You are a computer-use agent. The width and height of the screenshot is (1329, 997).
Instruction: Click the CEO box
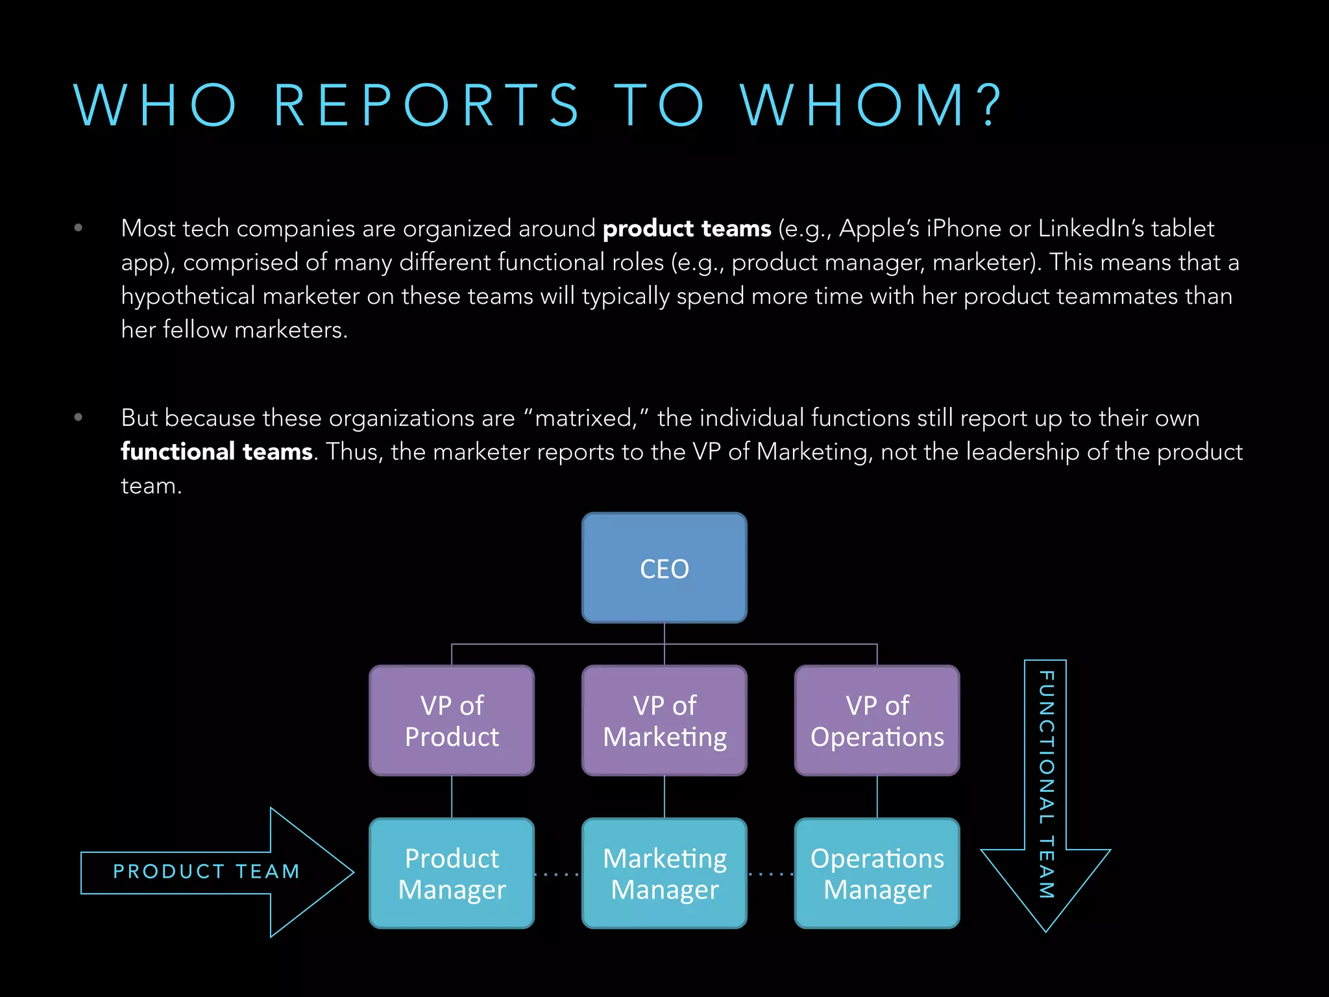click(x=664, y=568)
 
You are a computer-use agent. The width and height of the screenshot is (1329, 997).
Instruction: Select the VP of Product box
click(x=452, y=720)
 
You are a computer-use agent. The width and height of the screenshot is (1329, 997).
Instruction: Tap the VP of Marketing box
click(x=664, y=720)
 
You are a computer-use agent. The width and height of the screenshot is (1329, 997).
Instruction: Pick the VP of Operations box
click(x=877, y=720)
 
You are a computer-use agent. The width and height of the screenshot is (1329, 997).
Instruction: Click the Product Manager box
click(x=452, y=873)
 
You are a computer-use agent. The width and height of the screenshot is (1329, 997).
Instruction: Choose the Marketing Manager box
click(x=664, y=873)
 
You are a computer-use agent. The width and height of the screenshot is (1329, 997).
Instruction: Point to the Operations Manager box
click(x=877, y=873)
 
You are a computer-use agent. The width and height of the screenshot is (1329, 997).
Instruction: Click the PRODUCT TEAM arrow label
click(x=206, y=871)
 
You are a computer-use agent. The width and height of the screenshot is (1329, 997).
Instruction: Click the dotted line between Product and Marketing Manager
click(x=557, y=874)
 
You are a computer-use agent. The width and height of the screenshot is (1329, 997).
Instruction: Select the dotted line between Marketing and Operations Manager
click(x=770, y=874)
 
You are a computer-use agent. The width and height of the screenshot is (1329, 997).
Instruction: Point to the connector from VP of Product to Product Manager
click(x=452, y=796)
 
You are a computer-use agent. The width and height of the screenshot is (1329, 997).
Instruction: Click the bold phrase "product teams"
click(x=687, y=228)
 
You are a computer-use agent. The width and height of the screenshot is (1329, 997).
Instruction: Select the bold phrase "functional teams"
click(x=217, y=451)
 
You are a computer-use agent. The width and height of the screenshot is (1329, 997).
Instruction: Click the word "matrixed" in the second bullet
click(x=583, y=418)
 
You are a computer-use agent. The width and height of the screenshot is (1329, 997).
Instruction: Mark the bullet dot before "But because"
click(x=79, y=417)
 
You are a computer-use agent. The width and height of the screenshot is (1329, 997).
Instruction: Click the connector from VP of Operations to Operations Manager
click(x=877, y=796)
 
